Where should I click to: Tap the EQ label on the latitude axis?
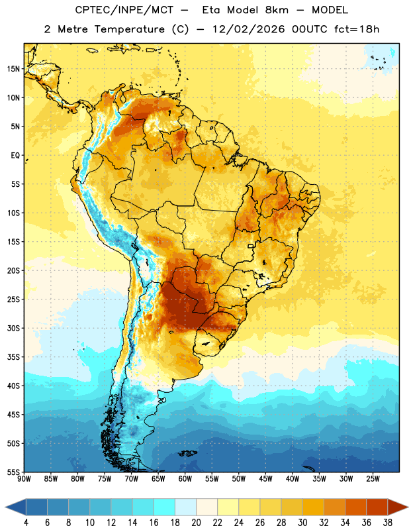point(15,156)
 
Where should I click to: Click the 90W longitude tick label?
point(24,478)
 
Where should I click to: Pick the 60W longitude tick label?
point(185,478)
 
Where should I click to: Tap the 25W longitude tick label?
point(373,478)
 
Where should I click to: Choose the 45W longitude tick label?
point(265,478)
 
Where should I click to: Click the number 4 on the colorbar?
point(26,523)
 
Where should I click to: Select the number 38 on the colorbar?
point(387,523)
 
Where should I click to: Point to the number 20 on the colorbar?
point(196,523)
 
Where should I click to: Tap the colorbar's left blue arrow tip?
point(5,507)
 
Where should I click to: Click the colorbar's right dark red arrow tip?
point(408,507)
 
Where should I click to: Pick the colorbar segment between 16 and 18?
point(164,507)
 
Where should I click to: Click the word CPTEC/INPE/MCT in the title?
point(124,10)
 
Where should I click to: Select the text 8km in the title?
point(277,10)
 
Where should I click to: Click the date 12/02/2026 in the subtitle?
point(248,29)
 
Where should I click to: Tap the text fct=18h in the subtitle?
point(357,29)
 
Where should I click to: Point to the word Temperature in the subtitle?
point(129,29)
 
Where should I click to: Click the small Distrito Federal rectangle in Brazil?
point(251,246)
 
